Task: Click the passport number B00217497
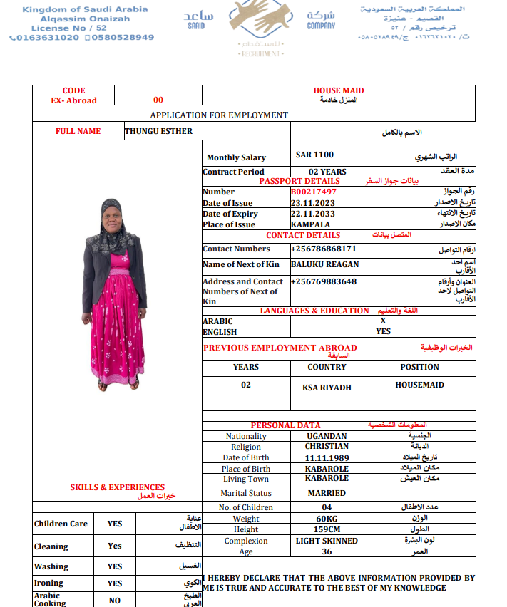[314, 192]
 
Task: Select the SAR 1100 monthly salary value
[314, 155]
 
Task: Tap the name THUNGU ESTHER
[158, 131]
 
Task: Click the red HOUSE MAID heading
[339, 90]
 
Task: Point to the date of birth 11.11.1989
[327, 457]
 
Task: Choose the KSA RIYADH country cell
[327, 387]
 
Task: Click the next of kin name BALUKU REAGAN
[325, 264]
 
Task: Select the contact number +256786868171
[324, 249]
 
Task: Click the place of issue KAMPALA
[310, 224]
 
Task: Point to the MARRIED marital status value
[327, 493]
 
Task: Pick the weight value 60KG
[327, 519]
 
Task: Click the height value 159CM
[327, 529]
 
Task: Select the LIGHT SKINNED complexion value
[327, 541]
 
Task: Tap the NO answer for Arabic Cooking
[115, 601]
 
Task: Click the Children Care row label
[61, 524]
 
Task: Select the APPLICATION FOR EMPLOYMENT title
[219, 115]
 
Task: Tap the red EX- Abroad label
[73, 100]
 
